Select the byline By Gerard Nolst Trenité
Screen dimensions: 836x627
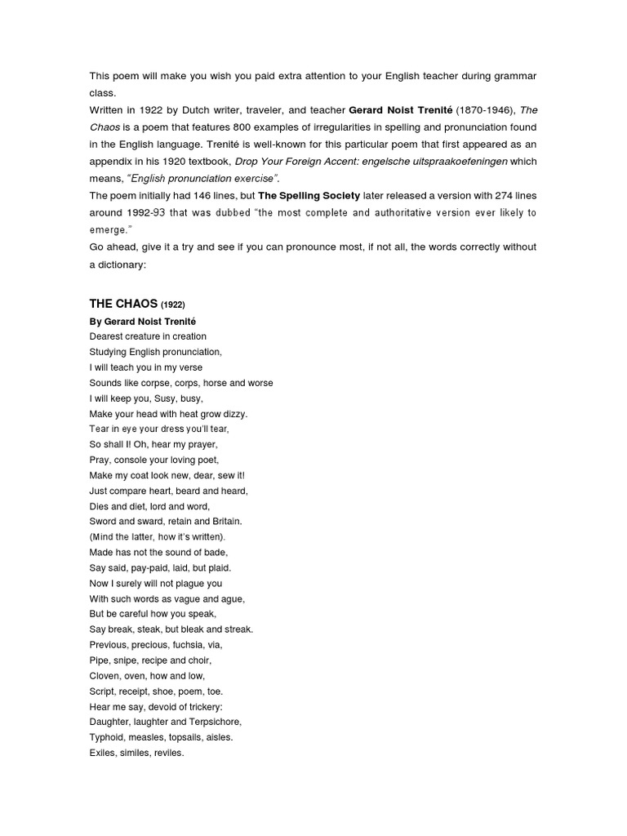[x=143, y=321]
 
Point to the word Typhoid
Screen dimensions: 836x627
[x=106, y=737]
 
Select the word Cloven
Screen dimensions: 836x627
[x=104, y=675]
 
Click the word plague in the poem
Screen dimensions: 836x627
[x=196, y=583]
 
